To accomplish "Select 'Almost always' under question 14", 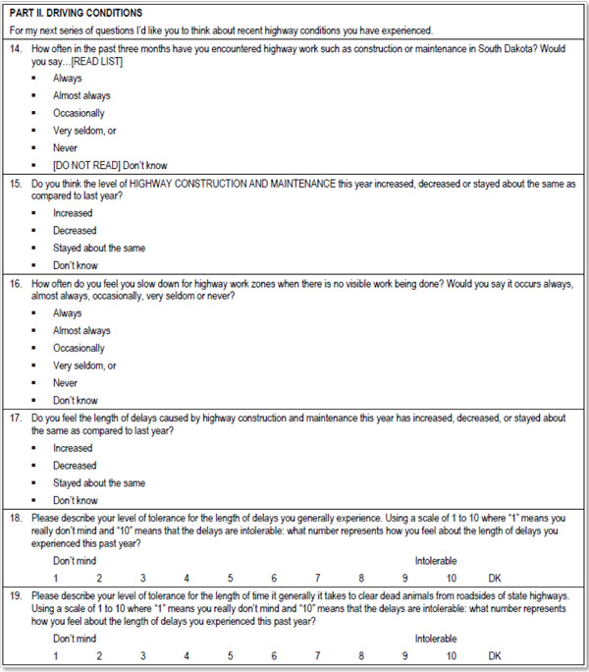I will pos(81,95).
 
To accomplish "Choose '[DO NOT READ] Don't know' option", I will pos(109,165).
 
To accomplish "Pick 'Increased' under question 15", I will pos(74,213).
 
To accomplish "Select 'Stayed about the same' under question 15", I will pos(98,249).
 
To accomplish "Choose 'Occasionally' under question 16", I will pos(79,348).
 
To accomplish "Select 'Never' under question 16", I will pos(66,383).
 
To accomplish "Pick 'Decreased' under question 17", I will pos(76,466).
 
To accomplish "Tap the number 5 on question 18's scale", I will pos(230,578).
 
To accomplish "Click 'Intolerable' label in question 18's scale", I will pos(435,561).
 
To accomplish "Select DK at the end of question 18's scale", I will pos(494,578).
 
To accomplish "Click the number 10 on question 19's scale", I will pos(450,655).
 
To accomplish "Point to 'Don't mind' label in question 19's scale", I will pos(76,639).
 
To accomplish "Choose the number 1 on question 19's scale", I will pos(56,655).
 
